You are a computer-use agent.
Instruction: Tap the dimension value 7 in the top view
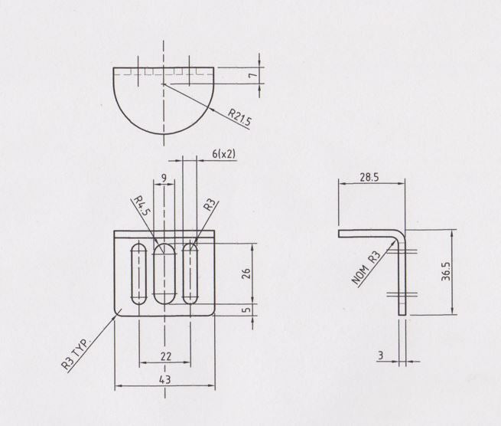click(261, 75)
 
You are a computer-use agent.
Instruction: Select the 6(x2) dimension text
click(223, 154)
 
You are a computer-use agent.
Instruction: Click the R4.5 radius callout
click(141, 207)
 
